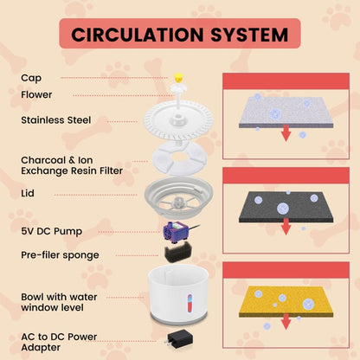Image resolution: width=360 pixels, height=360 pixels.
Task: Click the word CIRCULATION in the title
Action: click(x=138, y=35)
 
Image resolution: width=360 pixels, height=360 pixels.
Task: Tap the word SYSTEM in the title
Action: click(x=249, y=35)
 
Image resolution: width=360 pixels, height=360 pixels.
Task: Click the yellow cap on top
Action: click(x=179, y=78)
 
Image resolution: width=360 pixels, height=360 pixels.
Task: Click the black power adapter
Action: click(x=180, y=339)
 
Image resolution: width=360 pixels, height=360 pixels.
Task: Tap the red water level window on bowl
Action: click(x=190, y=303)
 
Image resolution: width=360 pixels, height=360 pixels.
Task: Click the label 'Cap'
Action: click(x=31, y=78)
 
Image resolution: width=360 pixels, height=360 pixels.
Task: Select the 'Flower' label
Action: click(x=36, y=94)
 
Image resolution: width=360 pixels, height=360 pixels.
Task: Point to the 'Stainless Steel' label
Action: click(x=56, y=120)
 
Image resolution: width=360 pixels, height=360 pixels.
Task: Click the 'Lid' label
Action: click(x=28, y=193)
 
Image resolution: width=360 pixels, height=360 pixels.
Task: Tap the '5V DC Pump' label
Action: click(x=52, y=231)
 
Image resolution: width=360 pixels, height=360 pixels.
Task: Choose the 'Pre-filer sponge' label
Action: click(x=60, y=255)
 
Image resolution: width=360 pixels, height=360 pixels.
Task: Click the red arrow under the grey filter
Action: click(x=286, y=133)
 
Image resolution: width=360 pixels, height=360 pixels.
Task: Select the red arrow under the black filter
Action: click(x=286, y=227)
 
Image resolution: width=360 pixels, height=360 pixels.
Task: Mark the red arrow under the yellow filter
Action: click(x=286, y=322)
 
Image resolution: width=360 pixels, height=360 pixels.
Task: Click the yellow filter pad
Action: click(x=286, y=302)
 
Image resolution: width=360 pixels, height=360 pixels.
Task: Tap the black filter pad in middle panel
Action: click(x=286, y=207)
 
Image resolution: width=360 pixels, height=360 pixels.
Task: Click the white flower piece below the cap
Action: click(x=179, y=88)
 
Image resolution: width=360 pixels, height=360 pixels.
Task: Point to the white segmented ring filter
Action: click(x=179, y=157)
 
